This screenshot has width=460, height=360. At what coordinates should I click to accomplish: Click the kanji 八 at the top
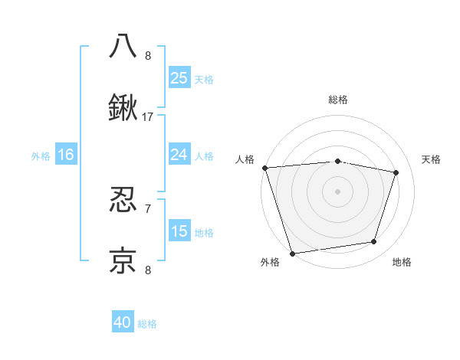click(x=123, y=46)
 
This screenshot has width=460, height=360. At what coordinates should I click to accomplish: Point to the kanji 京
click(x=123, y=260)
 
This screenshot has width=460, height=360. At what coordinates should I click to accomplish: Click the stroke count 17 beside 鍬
click(x=148, y=117)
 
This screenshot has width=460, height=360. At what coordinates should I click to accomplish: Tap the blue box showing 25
click(x=179, y=77)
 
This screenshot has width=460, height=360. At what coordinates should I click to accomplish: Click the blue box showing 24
click(x=179, y=155)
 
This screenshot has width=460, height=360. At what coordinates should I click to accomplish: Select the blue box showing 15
click(x=179, y=231)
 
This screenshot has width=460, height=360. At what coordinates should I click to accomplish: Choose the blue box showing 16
click(x=66, y=155)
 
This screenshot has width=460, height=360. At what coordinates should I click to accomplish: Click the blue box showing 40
click(x=123, y=322)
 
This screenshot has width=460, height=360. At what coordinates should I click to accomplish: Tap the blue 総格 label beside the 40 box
click(x=147, y=324)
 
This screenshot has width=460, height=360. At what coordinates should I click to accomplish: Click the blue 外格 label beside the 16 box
click(x=41, y=156)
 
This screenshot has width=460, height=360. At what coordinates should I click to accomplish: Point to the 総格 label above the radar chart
click(x=337, y=100)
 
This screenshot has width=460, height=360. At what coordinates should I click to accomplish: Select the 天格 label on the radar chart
click(x=431, y=159)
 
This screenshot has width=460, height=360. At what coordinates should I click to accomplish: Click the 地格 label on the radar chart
click(x=402, y=262)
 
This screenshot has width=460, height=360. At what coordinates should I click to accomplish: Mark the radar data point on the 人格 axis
click(x=264, y=168)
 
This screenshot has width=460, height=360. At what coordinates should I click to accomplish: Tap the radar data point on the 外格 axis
click(x=292, y=253)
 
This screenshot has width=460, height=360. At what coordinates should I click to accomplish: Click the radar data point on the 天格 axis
click(x=396, y=172)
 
